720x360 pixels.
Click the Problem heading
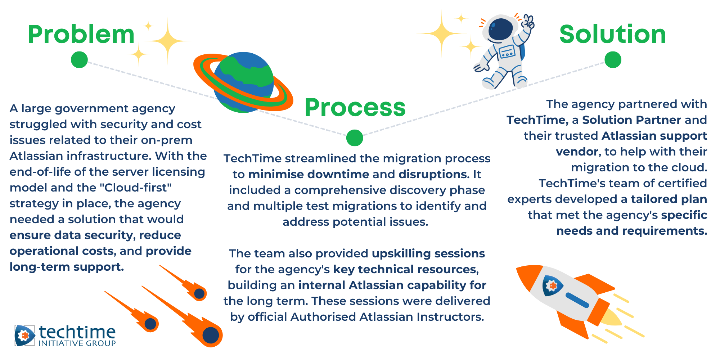tap(81, 35)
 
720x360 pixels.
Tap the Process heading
tap(355, 108)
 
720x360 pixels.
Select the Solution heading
tap(613, 35)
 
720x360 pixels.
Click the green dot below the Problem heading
tap(79, 60)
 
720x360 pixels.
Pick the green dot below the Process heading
tap(355, 138)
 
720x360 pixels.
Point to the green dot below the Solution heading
tap(613, 60)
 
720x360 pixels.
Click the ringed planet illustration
tap(243, 82)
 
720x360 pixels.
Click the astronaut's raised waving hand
tap(528, 21)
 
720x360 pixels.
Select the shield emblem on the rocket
tap(551, 285)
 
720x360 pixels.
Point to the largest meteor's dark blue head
tap(211, 336)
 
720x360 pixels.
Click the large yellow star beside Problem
tap(167, 41)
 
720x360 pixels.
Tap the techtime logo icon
tap(25, 336)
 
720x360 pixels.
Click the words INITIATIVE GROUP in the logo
tap(77, 343)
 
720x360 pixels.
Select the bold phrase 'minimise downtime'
tap(309, 174)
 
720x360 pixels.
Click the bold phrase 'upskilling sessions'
tap(428, 254)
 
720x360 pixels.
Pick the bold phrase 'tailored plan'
tap(669, 199)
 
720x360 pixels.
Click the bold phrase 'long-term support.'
tap(67, 267)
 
